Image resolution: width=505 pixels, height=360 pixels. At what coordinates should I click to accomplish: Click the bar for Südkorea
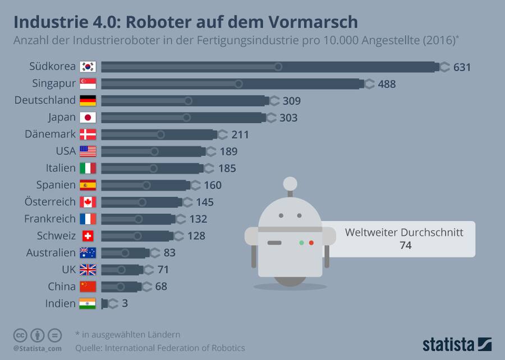pyautogui.click(x=269, y=67)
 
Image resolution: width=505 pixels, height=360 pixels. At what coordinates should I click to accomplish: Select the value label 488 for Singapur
pyautogui.click(x=387, y=84)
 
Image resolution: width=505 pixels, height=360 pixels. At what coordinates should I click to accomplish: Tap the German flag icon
pyautogui.click(x=88, y=101)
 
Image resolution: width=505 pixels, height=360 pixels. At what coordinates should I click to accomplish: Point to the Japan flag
pyautogui.click(x=88, y=118)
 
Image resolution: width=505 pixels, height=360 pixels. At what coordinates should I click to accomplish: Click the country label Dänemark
pyautogui.click(x=49, y=135)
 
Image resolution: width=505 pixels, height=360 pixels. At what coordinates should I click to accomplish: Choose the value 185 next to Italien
pyautogui.click(x=227, y=168)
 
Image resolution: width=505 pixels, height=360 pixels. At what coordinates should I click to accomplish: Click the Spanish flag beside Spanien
pyautogui.click(x=88, y=185)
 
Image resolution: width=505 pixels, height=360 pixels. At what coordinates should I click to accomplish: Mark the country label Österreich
pyautogui.click(x=50, y=202)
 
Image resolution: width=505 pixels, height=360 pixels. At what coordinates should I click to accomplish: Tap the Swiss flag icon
pyautogui.click(x=88, y=236)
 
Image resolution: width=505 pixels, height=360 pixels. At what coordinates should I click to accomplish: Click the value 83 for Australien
pyautogui.click(x=169, y=253)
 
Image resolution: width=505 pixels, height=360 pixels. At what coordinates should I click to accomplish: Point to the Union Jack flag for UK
pyautogui.click(x=88, y=270)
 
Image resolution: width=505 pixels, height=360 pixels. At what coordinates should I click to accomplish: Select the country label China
pyautogui.click(x=62, y=286)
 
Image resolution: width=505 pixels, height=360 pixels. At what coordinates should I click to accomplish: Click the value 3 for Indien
pyautogui.click(x=125, y=303)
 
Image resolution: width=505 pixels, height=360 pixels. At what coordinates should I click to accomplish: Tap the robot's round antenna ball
pyautogui.click(x=290, y=184)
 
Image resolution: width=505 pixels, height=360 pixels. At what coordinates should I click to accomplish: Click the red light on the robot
pyautogui.click(x=311, y=243)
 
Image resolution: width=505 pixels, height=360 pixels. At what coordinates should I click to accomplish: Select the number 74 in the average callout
pyautogui.click(x=406, y=245)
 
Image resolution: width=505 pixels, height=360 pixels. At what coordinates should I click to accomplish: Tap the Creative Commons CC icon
pyautogui.click(x=21, y=335)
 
